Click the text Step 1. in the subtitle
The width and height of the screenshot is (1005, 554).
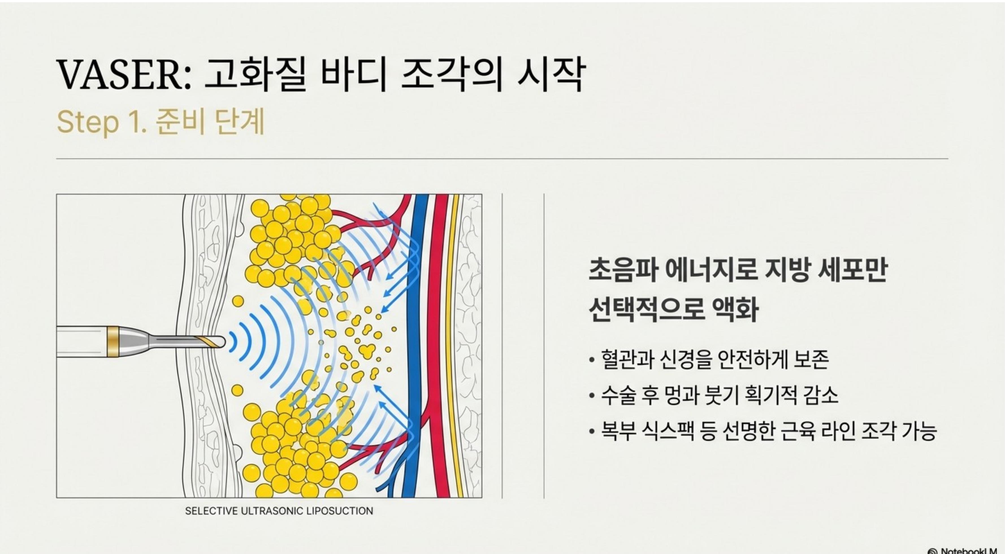coord(102,122)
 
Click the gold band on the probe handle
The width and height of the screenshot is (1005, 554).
coord(113,342)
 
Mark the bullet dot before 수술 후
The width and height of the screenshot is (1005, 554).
coord(592,396)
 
